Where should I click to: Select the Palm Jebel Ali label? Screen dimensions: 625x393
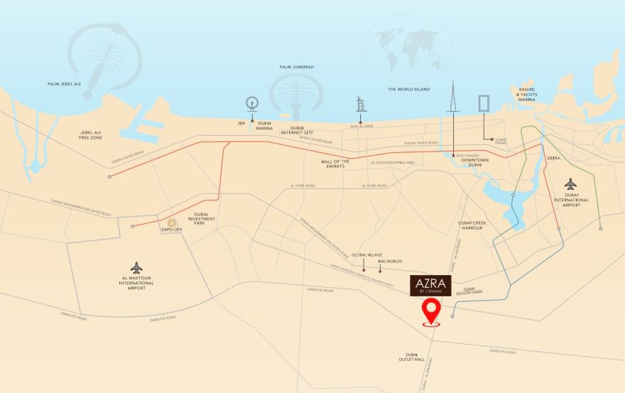(64, 84)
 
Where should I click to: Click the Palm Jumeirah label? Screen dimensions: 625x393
(297, 67)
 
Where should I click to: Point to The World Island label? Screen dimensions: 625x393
(409, 90)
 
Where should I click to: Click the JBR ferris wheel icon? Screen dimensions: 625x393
(251, 104)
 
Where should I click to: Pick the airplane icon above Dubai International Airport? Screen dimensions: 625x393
(571, 183)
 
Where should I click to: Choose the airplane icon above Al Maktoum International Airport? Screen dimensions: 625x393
(137, 267)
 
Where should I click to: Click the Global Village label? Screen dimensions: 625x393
(367, 254)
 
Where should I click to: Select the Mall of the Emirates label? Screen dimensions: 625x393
(336, 164)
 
